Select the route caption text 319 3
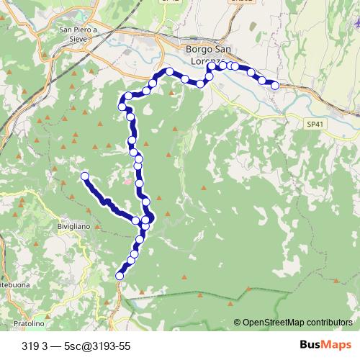pos(35,346)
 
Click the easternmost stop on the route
pos(274,86)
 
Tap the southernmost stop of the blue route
pos(120,275)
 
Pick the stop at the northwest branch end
pos(85,176)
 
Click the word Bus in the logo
pos(311,345)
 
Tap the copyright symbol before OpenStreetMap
pos(237,323)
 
